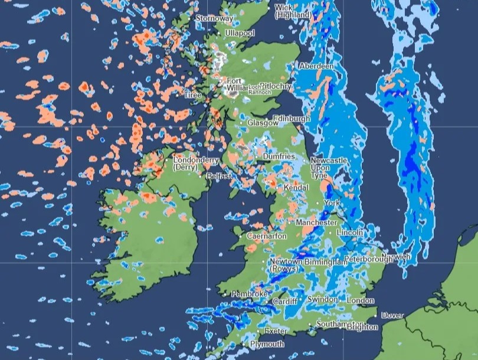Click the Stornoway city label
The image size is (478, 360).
pos(214,18)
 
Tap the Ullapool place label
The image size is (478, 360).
pos(240,33)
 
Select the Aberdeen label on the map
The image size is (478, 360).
pos(316,67)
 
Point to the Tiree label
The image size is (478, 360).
pos(192,95)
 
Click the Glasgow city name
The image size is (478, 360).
pos(263,123)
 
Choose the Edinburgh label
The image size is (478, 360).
pos(292,119)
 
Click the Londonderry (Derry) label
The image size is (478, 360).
pos(195,163)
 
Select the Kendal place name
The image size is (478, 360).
pos(296,187)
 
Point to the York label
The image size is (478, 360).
pos(332,203)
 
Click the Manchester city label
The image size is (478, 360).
pos(316,222)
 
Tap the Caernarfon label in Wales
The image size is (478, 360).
pos(267,236)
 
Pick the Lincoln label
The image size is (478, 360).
pos(349,233)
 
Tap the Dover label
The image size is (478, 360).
pos(392,315)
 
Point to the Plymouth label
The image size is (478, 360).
pos(267,344)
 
